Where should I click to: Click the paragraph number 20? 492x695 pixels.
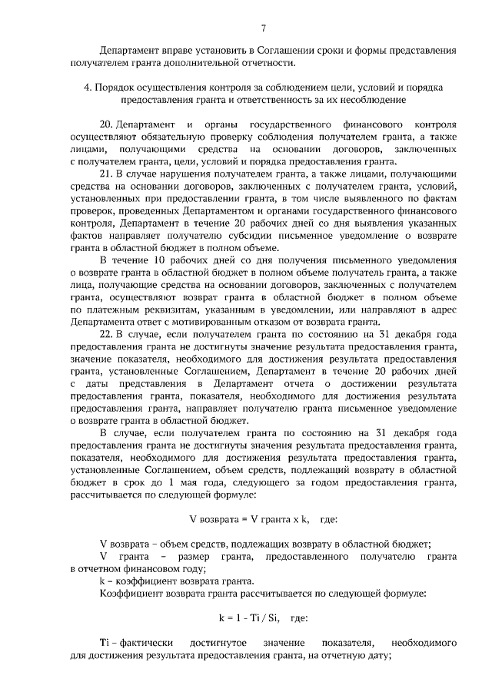click(107, 124)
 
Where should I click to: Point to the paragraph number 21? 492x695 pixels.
click(107, 174)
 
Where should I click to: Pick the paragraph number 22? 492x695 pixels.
click(107, 335)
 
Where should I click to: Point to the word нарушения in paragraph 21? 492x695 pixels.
click(180, 174)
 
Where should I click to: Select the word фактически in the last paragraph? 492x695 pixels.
click(146, 642)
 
